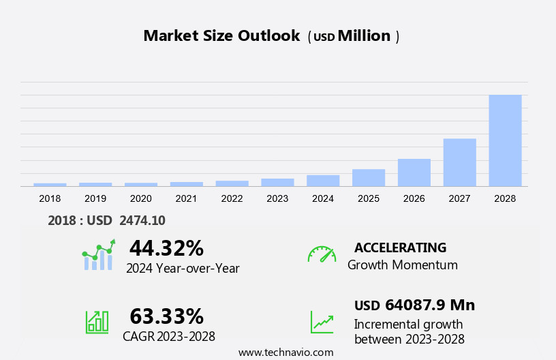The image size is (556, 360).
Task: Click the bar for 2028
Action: (x=505, y=140)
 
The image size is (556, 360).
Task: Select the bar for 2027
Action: (x=459, y=162)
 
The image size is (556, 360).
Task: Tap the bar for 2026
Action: (x=414, y=172)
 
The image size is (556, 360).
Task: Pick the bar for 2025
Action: (x=369, y=177)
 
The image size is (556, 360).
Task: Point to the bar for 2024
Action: (x=323, y=181)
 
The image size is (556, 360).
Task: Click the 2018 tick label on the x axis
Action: (x=50, y=198)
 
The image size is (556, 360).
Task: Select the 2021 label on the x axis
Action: (x=186, y=198)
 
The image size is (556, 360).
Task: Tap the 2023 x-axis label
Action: (x=277, y=198)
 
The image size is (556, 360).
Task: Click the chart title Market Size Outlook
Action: (x=221, y=36)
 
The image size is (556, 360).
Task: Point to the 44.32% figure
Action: (x=166, y=247)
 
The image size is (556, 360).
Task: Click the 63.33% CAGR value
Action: (x=166, y=316)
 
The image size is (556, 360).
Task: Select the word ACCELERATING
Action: (x=400, y=247)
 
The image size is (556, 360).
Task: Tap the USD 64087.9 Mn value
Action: (x=414, y=305)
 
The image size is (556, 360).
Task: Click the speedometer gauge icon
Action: (x=322, y=254)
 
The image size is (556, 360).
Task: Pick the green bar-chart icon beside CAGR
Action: (x=97, y=322)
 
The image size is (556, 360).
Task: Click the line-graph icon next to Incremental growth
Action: (x=322, y=322)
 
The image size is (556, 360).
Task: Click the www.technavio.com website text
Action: (x=285, y=352)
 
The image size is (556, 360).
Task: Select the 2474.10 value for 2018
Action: (x=142, y=220)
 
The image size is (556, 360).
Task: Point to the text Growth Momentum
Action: (x=402, y=265)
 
